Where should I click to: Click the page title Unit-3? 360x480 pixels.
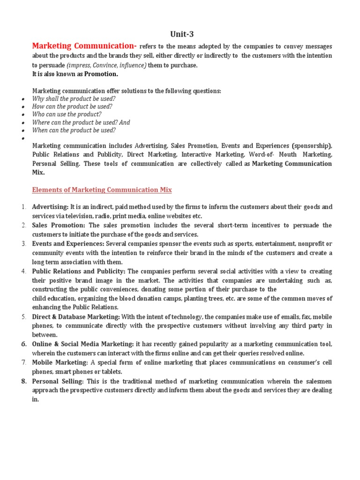[180, 34]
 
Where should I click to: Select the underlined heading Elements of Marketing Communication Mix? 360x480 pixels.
[102, 190]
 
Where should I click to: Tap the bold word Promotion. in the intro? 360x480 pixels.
[101, 74]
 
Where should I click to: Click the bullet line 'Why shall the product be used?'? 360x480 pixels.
[74, 99]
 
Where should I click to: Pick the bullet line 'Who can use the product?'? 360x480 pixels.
[67, 114]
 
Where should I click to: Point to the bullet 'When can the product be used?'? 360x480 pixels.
[74, 130]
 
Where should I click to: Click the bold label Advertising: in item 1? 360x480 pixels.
[50, 207]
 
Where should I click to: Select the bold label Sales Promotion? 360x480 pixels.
[59, 225]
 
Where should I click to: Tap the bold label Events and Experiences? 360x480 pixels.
[68, 244]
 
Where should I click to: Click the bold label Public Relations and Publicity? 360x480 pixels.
[79, 271]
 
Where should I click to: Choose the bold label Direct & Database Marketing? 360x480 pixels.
[76, 317]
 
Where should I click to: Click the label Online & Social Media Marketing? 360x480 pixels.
[83, 345]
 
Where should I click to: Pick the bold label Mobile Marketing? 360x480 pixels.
[60, 363]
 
